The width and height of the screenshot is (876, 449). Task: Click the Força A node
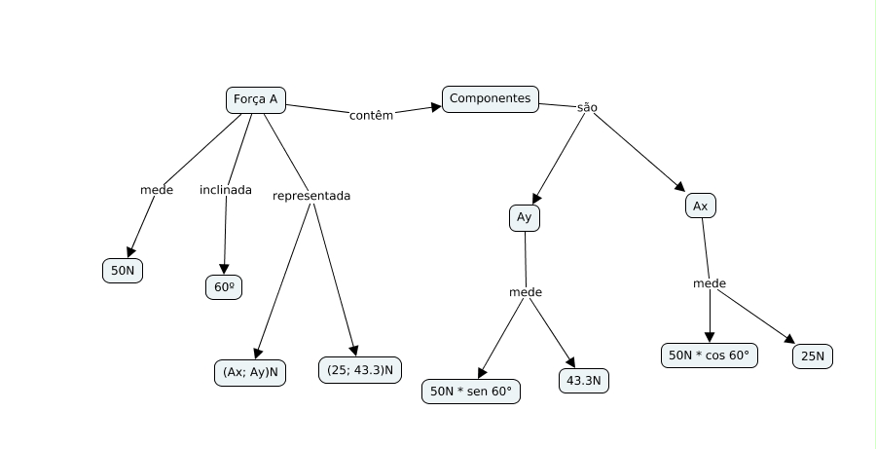pos(256,100)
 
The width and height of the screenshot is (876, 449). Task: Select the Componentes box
pos(491,99)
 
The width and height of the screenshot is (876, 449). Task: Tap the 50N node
pos(123,271)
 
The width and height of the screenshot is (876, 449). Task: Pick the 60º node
pos(224,287)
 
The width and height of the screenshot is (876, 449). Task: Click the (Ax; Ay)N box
pos(250,372)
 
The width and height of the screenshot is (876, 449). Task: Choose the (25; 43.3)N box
pos(360,370)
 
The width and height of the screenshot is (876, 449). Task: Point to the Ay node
pos(525,217)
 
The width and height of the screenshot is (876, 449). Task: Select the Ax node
pos(701,206)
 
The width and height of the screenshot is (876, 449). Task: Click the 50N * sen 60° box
pos(471,392)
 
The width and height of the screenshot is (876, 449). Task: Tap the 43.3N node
pos(584,381)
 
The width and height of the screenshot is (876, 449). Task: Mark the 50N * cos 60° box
pos(710,355)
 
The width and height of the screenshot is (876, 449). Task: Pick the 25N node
pos(813,356)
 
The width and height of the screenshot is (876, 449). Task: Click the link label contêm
pos(372,115)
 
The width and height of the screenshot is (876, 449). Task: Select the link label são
pos(587,107)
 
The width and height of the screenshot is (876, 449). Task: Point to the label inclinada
pos(226,190)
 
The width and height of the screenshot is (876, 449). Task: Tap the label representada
pos(311,196)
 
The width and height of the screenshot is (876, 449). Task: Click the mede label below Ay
pos(526,292)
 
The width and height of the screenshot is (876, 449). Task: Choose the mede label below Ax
pos(710,283)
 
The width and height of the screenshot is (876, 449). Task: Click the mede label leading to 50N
pos(157,190)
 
